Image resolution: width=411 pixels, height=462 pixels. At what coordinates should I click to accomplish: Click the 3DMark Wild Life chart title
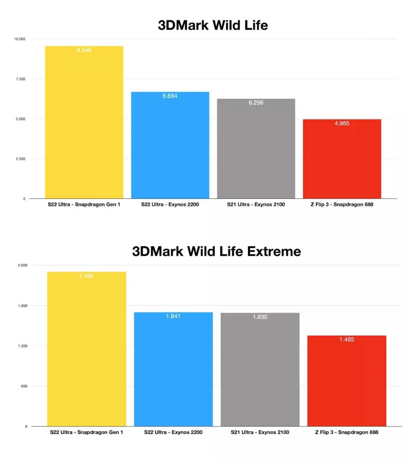(213, 25)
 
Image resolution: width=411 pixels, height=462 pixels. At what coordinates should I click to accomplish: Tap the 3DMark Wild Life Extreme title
(216, 251)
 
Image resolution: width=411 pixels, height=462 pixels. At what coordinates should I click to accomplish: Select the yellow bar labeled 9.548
(84, 124)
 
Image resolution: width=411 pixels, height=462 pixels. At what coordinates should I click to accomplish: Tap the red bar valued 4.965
(342, 160)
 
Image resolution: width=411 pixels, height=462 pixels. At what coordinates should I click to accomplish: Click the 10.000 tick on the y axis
(19, 39)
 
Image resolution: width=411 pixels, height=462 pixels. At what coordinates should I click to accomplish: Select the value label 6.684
(170, 96)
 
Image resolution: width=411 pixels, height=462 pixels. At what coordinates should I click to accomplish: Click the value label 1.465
(347, 340)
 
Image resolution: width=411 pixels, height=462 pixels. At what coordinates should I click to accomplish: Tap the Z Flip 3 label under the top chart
(342, 204)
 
